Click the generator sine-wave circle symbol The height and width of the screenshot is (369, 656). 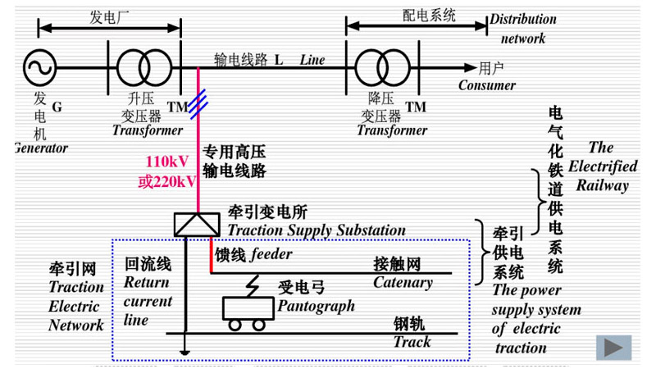click(39, 68)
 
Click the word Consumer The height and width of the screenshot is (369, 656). click(487, 85)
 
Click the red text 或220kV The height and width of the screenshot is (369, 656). click(166, 181)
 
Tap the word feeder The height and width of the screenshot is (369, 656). click(271, 254)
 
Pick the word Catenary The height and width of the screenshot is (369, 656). click(403, 283)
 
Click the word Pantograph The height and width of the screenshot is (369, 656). click(317, 306)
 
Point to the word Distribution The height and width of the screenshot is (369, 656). click(522, 20)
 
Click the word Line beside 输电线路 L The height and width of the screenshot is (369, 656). click(312, 60)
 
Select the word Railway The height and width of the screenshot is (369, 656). click(602, 185)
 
